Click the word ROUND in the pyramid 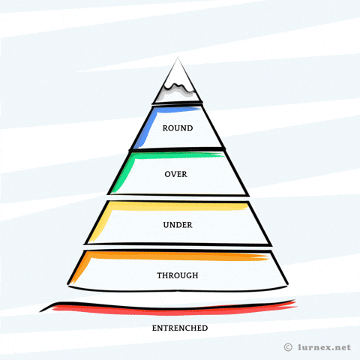click(178, 128)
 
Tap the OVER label click(175, 174)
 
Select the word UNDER click(178, 225)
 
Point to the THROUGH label click(178, 275)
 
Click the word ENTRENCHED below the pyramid click(180, 328)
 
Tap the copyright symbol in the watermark click(288, 347)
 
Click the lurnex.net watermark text click(325, 347)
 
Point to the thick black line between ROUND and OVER click(177, 149)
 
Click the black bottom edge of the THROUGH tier click(178, 289)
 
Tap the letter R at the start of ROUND click(165, 128)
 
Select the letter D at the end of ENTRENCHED click(205, 328)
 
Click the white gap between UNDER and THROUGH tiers click(178, 247)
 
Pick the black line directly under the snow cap click(178, 103)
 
